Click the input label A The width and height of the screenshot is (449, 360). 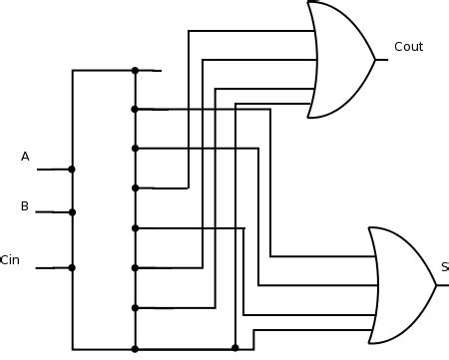tap(25, 156)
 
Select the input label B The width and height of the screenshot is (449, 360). tap(25, 206)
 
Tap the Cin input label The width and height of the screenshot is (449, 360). tap(10, 260)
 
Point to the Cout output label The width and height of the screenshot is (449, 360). tap(408, 46)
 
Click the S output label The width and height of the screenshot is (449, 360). tap(444, 267)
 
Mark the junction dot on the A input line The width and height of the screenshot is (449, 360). tap(72, 170)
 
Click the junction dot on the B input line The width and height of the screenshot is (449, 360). tap(72, 212)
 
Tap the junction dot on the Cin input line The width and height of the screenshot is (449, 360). tap(72, 267)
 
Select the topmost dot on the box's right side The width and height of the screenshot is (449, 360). tap(135, 71)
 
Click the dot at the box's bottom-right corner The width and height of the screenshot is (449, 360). tap(135, 348)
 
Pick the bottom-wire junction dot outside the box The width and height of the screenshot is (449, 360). tap(234, 348)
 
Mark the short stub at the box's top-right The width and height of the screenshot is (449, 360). tap(149, 71)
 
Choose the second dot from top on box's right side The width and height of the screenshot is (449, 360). tap(135, 109)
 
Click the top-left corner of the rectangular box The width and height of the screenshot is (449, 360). tap(73, 71)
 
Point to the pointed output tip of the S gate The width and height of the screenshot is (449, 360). tap(436, 285)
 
